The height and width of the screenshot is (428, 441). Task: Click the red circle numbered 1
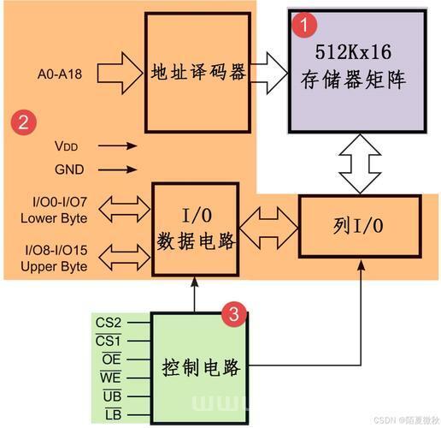[305, 25]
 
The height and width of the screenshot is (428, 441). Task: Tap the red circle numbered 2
[24, 122]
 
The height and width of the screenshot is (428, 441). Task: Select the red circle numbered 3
[234, 314]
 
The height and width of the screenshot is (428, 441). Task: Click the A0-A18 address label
[60, 74]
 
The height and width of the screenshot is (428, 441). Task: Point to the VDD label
[67, 146]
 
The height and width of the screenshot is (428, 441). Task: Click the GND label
[69, 169]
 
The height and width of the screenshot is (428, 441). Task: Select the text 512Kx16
[353, 52]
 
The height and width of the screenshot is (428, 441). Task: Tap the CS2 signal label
[109, 323]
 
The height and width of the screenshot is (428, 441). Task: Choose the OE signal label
[112, 359]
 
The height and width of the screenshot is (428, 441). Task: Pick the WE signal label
[110, 377]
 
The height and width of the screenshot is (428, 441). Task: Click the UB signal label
[112, 396]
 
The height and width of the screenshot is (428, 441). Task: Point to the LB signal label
[114, 414]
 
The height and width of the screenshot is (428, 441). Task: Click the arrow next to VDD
[117, 146]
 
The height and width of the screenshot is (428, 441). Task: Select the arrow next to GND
[117, 169]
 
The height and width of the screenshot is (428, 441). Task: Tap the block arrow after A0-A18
[120, 74]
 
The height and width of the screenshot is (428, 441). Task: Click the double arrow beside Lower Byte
[125, 209]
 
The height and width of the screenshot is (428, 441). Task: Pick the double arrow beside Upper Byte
[125, 258]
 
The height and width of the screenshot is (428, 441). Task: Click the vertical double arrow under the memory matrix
[360, 164]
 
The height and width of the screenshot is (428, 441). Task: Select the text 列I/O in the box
[358, 226]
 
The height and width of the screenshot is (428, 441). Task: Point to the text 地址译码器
[198, 71]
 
